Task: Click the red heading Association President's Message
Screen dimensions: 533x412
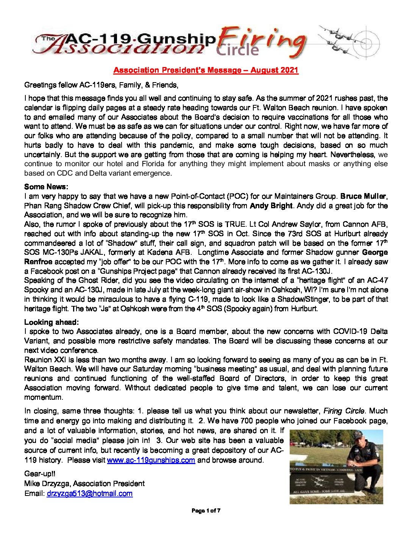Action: point(206,70)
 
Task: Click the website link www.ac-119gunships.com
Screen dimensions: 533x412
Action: point(151,460)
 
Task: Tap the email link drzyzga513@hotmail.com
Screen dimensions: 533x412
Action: point(89,493)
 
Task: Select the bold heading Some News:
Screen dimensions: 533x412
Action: point(46,187)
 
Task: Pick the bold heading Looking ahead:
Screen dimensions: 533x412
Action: point(51,322)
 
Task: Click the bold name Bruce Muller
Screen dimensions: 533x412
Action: point(363,196)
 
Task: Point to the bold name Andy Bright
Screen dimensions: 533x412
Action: point(271,206)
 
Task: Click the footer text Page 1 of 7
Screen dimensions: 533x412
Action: point(206,511)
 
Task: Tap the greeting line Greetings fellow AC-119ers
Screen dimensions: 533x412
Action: point(101,85)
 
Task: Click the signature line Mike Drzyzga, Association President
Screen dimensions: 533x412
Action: point(84,483)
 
